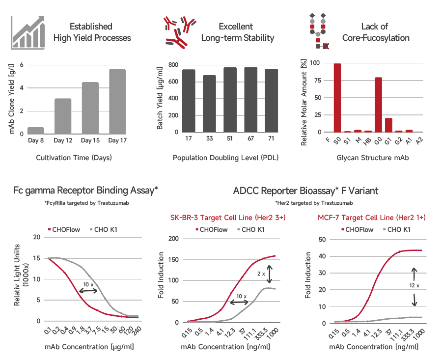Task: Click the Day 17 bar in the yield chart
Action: [117, 102]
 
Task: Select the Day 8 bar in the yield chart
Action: [35, 131]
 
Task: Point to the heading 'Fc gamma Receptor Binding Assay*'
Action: [86, 191]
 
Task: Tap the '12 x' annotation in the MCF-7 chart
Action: [414, 285]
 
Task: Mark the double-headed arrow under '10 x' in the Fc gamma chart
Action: [88, 291]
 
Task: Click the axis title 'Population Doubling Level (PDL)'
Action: [223, 158]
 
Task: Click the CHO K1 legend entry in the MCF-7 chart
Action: [397, 229]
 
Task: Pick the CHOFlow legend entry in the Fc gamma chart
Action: [64, 229]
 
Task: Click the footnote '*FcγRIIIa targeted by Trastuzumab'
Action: [86, 203]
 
